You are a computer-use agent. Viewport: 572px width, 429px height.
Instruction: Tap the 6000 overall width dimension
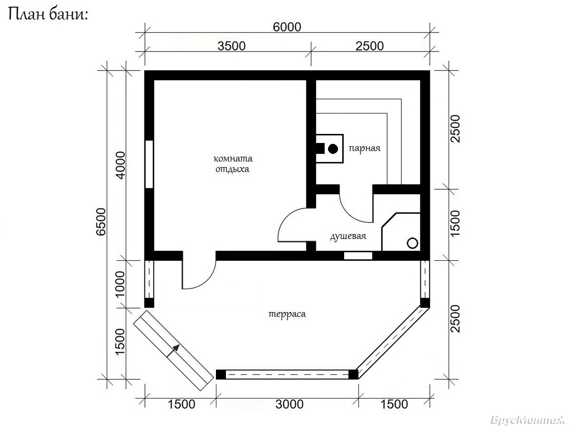pos(287,27)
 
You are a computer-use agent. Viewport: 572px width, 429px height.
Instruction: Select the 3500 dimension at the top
pos(231,46)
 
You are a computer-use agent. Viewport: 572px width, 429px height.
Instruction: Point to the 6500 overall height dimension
pos(101,222)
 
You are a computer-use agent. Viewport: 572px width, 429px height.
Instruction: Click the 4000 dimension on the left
pos(121,165)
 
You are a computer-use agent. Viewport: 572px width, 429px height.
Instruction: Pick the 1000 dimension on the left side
pos(120,284)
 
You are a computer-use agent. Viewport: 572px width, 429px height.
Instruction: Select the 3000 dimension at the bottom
pos(289,404)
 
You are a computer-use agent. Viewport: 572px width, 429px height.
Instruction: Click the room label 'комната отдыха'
pos(233,164)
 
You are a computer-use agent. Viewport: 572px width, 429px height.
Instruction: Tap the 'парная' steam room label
pos(364,148)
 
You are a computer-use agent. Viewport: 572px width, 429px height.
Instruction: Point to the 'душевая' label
pos(348,236)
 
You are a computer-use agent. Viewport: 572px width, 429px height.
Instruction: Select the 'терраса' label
pos(287,314)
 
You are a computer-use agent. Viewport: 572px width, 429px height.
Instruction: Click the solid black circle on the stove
pos(333,149)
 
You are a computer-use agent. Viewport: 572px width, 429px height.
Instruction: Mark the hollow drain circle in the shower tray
pos(412,243)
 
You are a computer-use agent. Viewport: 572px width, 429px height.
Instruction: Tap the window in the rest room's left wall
pos(149,164)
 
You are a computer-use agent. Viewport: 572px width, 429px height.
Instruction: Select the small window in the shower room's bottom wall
pos(358,256)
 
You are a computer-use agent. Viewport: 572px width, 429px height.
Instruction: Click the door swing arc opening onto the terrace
pos(207,280)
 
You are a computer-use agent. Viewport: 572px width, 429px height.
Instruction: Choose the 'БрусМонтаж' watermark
pos(527,419)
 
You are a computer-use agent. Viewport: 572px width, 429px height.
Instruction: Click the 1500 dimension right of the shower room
pos(455,224)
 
